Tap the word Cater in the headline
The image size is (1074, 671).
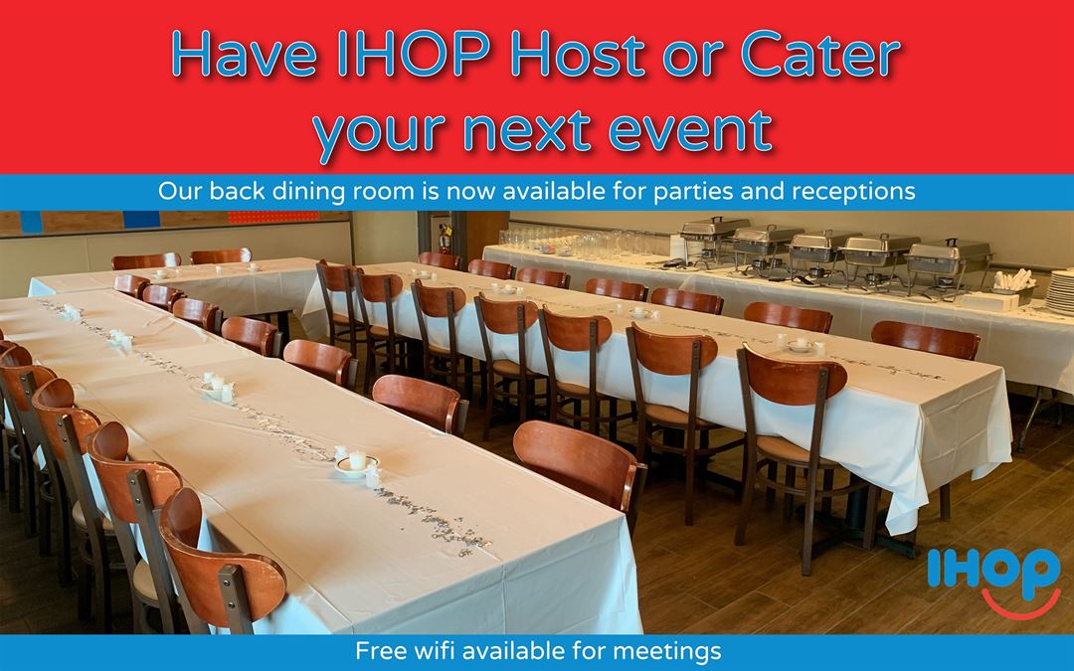pos(819,54)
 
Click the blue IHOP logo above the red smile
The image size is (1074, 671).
pos(993,569)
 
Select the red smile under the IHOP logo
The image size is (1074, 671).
pos(1020,604)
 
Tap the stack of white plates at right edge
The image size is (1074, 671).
pos(1060,291)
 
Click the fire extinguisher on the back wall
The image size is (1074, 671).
pos(446,238)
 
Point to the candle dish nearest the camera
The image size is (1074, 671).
pos(356,463)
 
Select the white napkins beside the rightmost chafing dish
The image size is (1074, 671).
pos(1013,280)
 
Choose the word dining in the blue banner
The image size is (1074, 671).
pos(310,192)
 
